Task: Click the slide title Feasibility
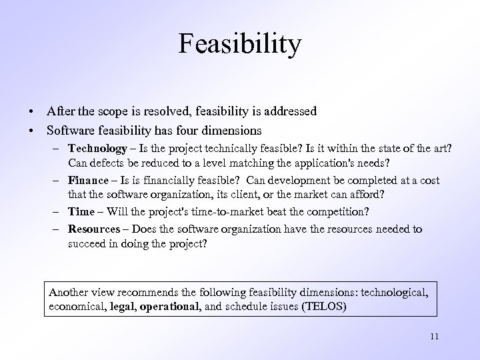240,45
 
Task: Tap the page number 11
434,336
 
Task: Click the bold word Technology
97,149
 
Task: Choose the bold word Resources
95,229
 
